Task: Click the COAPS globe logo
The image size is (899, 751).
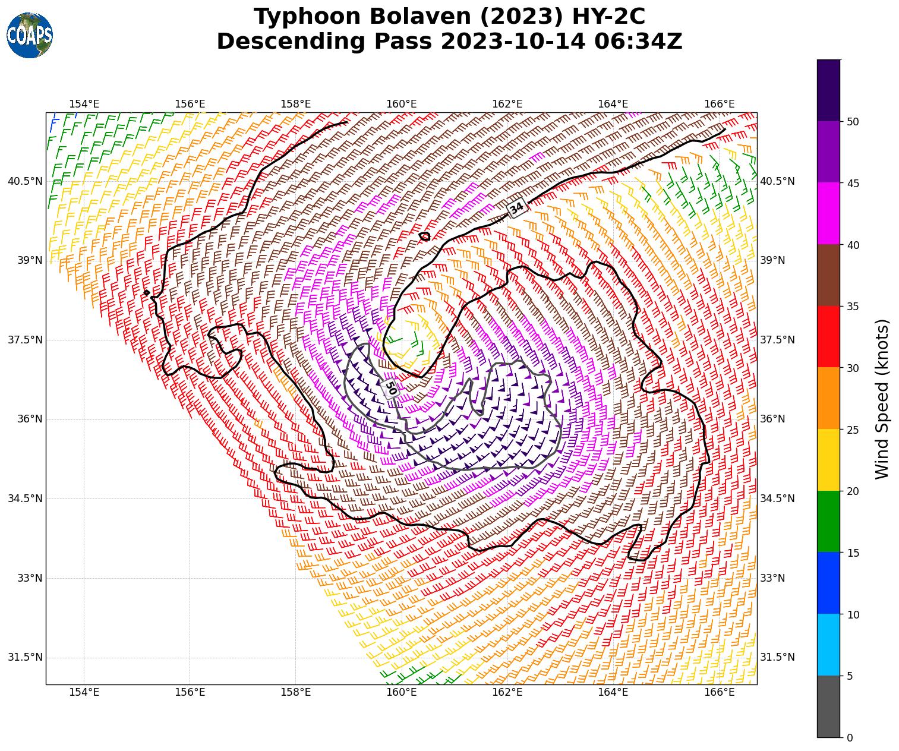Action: (30, 35)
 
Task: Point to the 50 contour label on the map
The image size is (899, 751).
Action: (390, 388)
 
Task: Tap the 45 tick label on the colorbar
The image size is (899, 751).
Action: (853, 184)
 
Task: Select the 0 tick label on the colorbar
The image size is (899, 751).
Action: (850, 738)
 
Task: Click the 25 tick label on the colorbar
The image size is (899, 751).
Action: (853, 430)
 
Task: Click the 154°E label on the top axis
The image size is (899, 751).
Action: (84, 104)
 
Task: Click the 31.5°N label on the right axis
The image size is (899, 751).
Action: (777, 657)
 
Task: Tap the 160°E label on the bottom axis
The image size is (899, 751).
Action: (402, 692)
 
